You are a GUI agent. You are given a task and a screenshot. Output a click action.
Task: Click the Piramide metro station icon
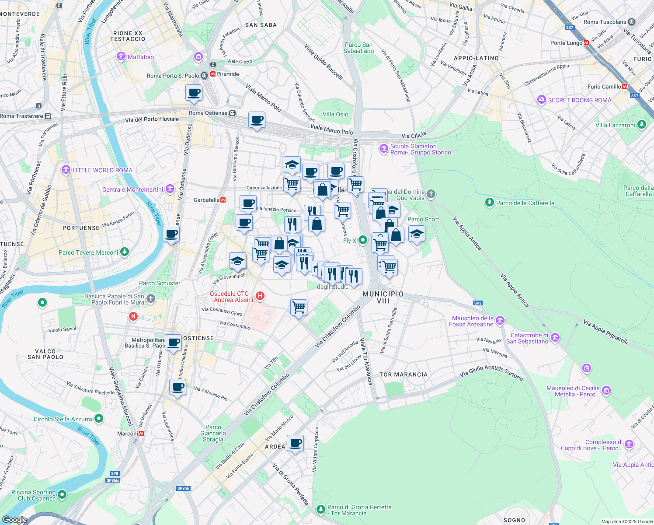tap(213, 74)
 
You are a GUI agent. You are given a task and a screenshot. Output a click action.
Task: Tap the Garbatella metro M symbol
tap(223, 200)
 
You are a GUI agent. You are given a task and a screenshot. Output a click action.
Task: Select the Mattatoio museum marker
tap(121, 57)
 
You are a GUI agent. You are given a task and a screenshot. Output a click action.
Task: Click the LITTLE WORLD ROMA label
tap(102, 170)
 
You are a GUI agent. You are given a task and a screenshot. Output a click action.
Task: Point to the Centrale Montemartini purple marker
tap(170, 189)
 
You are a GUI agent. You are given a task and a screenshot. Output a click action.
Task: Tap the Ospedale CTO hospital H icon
tap(260, 296)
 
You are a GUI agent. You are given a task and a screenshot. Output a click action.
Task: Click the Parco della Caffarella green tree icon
tap(490, 203)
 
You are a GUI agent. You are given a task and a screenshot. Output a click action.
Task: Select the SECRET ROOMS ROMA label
tap(579, 100)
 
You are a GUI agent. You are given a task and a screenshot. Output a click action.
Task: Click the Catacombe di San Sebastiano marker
tap(555, 337)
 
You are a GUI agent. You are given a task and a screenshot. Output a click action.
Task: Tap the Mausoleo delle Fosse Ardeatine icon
tap(500, 321)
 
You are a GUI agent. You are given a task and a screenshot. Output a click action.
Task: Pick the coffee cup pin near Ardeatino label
tap(295, 443)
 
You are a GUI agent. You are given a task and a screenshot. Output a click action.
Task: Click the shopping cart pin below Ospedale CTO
tap(299, 308)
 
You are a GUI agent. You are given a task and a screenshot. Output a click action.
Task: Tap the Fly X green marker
tap(362, 240)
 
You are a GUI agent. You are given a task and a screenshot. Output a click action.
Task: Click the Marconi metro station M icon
tap(141, 434)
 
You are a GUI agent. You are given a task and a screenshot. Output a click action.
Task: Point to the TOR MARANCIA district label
tap(403, 374)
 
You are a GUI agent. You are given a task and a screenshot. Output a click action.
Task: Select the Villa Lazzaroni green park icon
tap(641, 125)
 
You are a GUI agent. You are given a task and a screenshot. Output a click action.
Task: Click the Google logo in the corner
tap(14, 520)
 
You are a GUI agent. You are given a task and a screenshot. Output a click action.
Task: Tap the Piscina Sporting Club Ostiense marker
tap(62, 495)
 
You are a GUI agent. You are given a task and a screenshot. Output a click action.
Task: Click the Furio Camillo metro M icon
tap(625, 87)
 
